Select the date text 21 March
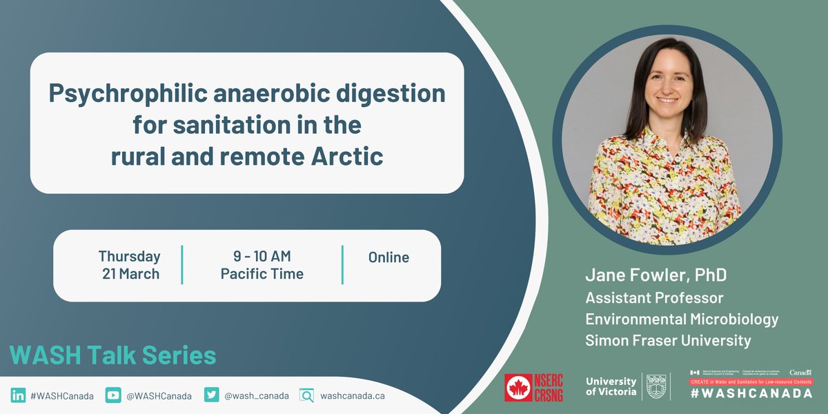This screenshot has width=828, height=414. coord(130,274)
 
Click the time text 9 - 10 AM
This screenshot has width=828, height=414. coord(262,257)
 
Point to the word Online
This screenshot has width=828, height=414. coord(388,257)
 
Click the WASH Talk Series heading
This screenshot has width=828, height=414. coord(112,355)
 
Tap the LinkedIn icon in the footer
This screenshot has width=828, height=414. coord(17,395)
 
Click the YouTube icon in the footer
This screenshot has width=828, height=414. coord(113,395)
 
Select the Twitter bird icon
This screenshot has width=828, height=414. coord(212,395)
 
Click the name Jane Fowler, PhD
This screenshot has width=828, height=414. coord(655,275)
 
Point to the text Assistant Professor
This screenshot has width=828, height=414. coord(654,298)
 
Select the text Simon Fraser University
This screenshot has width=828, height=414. coord(668,340)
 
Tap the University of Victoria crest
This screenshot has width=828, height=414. coord(656,386)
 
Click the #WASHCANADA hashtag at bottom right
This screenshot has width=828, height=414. coord(751,393)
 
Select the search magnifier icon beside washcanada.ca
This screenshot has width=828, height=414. coord(306,395)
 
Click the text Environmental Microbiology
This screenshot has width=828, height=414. coord(682,319)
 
